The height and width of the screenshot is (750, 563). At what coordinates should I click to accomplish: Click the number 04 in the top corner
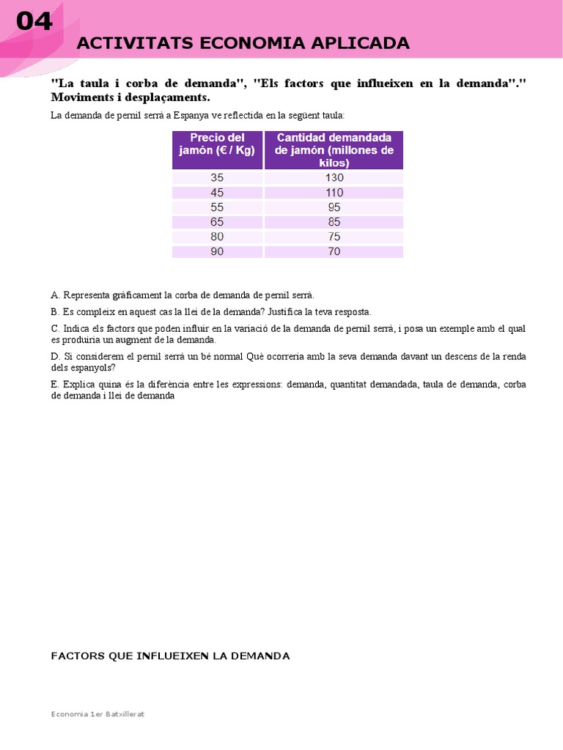coord(34,22)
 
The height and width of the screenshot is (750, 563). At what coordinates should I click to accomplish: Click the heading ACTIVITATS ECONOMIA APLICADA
coord(243,44)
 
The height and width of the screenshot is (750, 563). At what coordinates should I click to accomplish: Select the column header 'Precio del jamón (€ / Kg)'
coord(217,144)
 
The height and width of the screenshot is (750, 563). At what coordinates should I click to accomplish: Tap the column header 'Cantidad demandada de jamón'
coord(334,150)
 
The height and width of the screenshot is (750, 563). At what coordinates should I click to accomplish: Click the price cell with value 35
coord(217,177)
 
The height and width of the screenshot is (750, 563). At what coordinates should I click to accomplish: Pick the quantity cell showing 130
coord(334,177)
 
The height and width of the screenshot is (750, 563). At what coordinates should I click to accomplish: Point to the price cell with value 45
coord(217,192)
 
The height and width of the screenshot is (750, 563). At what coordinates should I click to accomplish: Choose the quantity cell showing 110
coord(334,192)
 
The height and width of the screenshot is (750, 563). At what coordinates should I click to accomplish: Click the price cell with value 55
coord(217,207)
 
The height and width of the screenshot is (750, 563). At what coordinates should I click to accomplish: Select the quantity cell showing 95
coord(334,207)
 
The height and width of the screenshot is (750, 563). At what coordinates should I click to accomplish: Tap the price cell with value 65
coord(217,222)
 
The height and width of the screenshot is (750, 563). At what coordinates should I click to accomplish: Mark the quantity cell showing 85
coord(334,222)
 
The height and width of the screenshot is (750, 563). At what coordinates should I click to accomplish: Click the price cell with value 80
coord(217,237)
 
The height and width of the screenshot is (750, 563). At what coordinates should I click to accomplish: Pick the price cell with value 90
coord(217,251)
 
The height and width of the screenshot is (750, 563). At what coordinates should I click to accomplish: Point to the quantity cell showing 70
coord(334,251)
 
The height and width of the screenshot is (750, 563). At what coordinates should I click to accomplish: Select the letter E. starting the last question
coord(55,384)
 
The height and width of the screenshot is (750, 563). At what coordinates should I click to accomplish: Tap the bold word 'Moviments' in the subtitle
coord(82,97)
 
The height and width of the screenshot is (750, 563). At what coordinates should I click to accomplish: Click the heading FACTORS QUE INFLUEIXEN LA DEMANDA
coord(170,656)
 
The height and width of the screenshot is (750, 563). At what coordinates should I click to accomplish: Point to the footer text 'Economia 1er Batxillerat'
coord(97,714)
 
